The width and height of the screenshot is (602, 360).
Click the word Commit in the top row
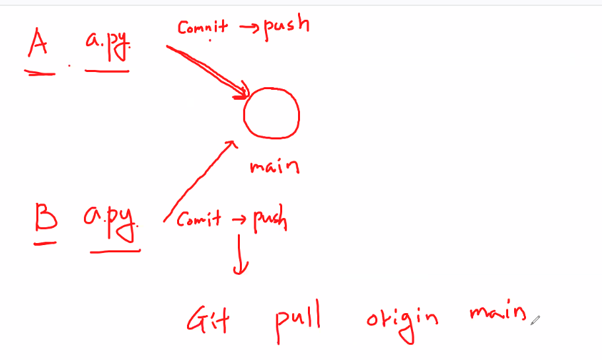[x=202, y=28]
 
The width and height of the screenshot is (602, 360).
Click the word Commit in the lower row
[x=199, y=219]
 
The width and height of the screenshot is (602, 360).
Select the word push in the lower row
[x=270, y=221]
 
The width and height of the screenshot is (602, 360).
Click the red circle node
[x=271, y=112]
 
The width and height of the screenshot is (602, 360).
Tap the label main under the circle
[x=274, y=166]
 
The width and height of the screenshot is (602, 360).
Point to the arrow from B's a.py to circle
[x=198, y=178]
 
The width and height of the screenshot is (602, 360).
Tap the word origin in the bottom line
[x=402, y=320]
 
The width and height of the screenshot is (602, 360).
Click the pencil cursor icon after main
[x=535, y=320]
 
